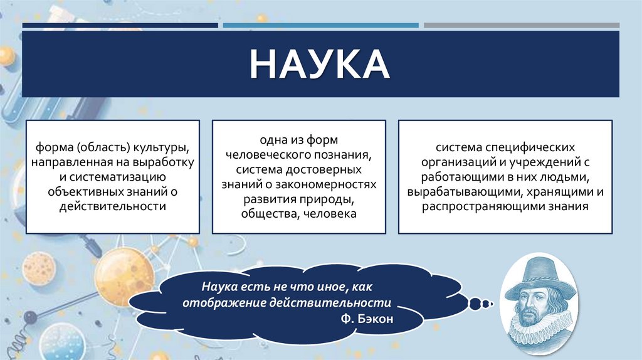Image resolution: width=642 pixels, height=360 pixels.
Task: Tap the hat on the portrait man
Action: point(539,270)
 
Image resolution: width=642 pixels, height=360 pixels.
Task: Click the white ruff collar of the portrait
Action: point(537,333)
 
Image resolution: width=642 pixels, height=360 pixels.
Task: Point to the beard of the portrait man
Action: point(537,314)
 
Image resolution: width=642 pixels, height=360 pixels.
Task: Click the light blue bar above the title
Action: point(320,26)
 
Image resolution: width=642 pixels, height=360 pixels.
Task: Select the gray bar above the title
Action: point(521,26)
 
